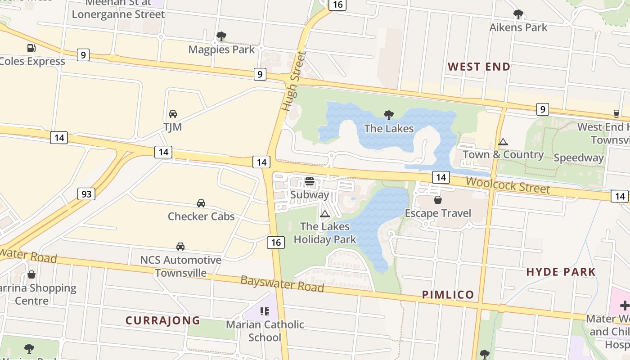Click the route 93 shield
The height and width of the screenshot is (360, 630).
click(x=87, y=194)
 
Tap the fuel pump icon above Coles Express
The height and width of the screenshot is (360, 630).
click(x=31, y=48)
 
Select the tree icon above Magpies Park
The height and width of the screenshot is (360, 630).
click(x=221, y=36)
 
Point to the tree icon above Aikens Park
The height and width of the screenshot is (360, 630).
click(x=518, y=14)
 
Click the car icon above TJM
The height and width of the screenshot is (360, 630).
click(x=173, y=114)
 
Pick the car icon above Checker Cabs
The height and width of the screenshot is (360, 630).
click(x=201, y=203)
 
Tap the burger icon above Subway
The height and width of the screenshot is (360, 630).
click(x=309, y=181)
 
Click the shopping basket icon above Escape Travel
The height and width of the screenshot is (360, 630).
click(x=438, y=200)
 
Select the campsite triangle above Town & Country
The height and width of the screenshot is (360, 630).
click(x=503, y=142)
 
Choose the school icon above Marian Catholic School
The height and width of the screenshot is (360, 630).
click(x=265, y=311)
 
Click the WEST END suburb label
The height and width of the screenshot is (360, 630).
click(x=479, y=67)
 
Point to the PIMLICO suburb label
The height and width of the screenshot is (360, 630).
click(x=448, y=295)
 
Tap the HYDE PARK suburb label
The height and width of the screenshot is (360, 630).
click(x=561, y=272)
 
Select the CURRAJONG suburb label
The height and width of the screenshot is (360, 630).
click(x=162, y=320)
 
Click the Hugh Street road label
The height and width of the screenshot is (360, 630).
click(x=294, y=81)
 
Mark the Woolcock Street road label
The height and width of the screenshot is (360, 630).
click(x=508, y=185)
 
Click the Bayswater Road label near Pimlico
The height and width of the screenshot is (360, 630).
click(x=282, y=283)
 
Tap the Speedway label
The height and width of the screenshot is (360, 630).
click(x=578, y=157)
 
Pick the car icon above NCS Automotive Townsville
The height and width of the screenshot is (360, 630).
click(x=180, y=247)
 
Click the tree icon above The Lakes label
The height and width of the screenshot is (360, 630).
click(x=389, y=115)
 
